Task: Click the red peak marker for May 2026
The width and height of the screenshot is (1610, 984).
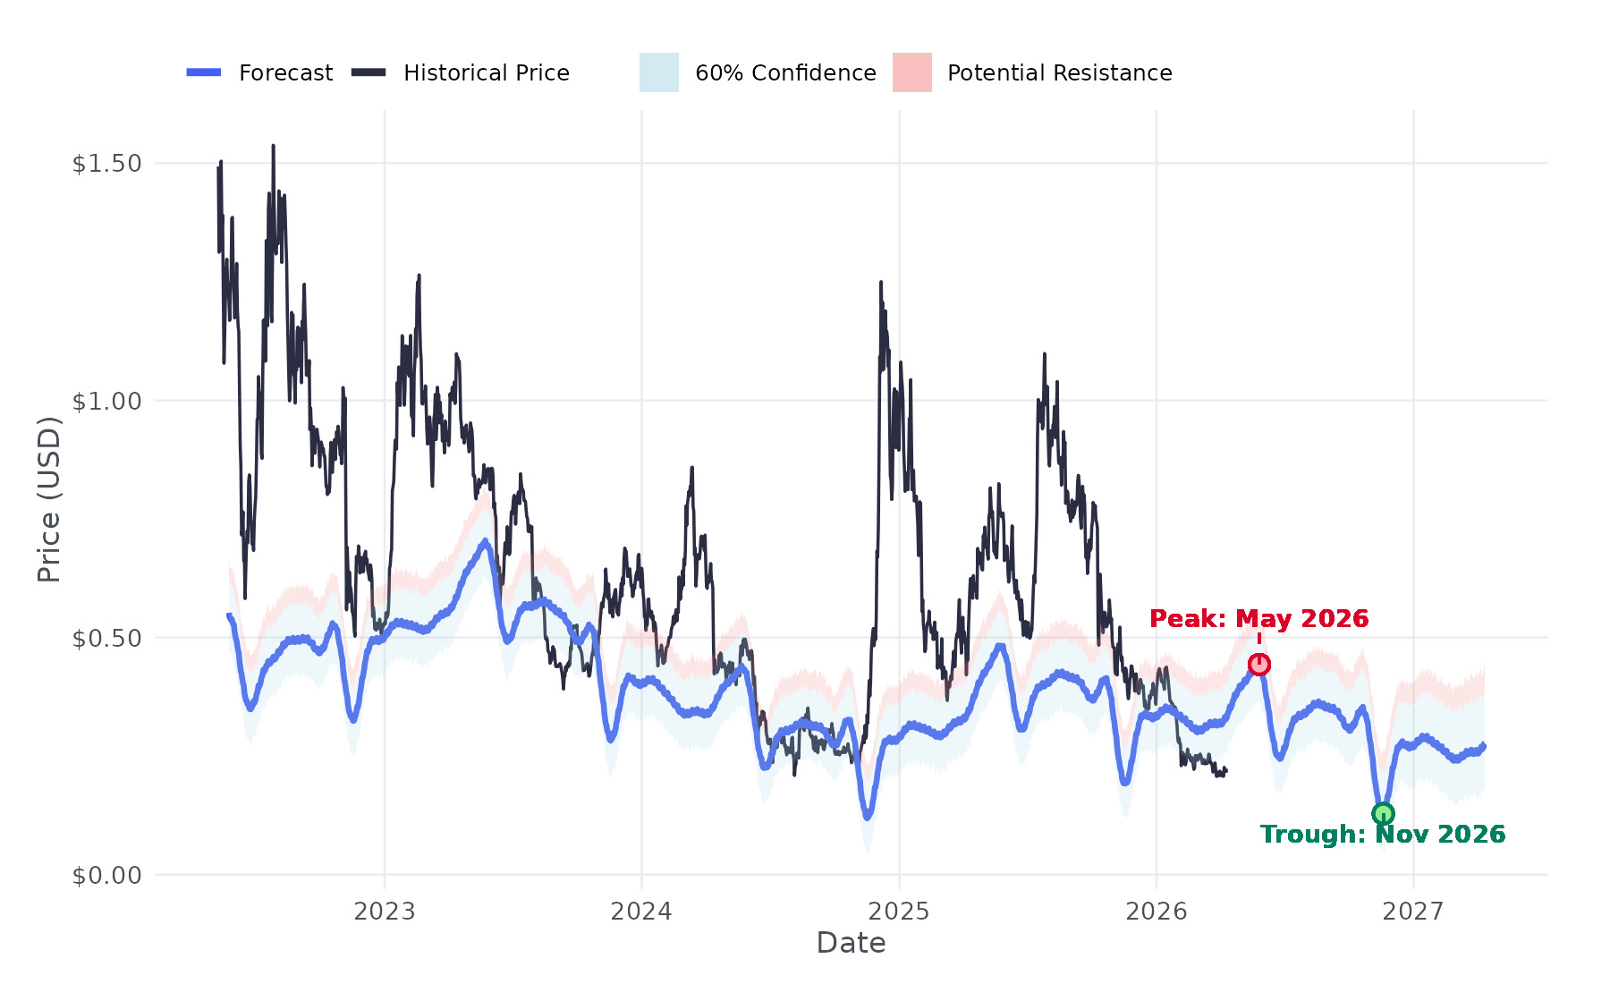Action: (x=1258, y=664)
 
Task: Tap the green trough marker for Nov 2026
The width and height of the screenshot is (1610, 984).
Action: (x=1383, y=813)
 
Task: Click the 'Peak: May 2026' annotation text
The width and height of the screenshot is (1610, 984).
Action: (x=1258, y=618)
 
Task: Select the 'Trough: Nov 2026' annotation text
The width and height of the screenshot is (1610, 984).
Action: (x=1383, y=834)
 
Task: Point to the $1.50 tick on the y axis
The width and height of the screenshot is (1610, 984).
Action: (x=106, y=163)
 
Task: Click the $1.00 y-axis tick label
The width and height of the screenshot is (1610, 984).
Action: (x=106, y=401)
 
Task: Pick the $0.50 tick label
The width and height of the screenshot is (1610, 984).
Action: (x=106, y=638)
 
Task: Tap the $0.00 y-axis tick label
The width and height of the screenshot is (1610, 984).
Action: (x=106, y=875)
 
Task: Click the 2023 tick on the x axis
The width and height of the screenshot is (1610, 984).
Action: (x=385, y=911)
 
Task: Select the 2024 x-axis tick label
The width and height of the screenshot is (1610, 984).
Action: (x=641, y=911)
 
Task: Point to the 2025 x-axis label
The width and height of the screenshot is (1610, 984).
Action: (x=899, y=911)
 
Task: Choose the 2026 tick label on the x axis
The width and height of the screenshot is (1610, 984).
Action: (x=1156, y=911)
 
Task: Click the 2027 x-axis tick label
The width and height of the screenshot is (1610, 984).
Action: (x=1413, y=911)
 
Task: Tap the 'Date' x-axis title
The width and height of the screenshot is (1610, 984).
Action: (x=851, y=943)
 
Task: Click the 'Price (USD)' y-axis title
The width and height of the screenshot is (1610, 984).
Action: (x=48, y=499)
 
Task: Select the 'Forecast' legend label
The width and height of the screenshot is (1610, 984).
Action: (x=285, y=72)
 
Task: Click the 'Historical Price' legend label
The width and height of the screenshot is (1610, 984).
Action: (x=486, y=72)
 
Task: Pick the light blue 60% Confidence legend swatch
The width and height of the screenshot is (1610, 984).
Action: (x=658, y=72)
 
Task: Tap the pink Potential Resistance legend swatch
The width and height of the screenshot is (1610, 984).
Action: (x=911, y=72)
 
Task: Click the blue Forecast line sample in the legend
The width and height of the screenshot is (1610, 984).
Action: (x=204, y=72)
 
